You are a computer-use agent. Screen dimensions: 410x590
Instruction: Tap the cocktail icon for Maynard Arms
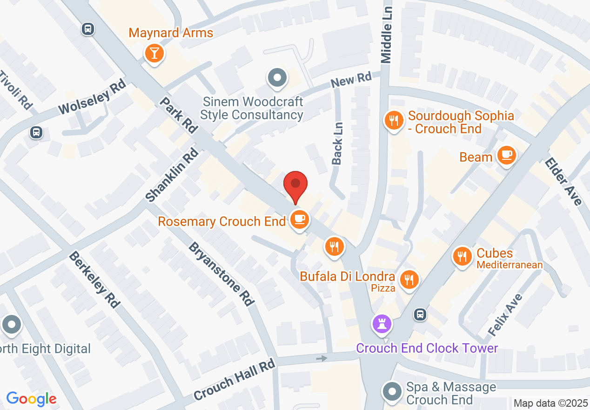[x=154, y=54]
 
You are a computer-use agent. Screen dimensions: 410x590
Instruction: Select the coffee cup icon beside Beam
[x=506, y=155]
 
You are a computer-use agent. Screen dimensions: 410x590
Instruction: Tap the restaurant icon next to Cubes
[x=462, y=257]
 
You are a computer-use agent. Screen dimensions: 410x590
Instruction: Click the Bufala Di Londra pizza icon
[x=409, y=280]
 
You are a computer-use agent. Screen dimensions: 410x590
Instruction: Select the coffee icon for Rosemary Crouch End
[x=299, y=219]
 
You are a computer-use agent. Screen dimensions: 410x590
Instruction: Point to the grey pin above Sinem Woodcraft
[x=277, y=78]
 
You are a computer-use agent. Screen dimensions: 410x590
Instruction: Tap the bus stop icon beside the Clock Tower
[x=420, y=314]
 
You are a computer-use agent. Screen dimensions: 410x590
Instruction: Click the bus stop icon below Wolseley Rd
[x=36, y=132]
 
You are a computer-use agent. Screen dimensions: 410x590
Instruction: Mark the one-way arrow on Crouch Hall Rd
[x=321, y=358]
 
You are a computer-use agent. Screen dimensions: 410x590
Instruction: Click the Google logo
[x=31, y=399]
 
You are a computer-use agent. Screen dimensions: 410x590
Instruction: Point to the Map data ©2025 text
[x=550, y=403]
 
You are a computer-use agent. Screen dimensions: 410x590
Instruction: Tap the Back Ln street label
[x=337, y=143]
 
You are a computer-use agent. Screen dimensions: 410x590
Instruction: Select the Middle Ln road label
[x=387, y=35]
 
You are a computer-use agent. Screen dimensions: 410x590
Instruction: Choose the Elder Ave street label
[x=563, y=182]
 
